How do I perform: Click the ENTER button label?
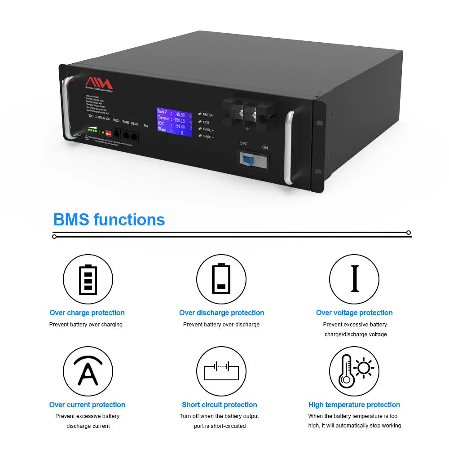207,115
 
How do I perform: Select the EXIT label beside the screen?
206,122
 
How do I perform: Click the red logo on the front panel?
99,83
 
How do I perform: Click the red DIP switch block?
108,133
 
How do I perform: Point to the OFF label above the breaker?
243,143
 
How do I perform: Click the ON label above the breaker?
265,147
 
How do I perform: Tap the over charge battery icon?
88,279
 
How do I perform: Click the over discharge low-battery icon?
221,279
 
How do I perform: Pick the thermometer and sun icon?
354,371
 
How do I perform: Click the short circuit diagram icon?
221,371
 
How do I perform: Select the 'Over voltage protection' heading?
354,313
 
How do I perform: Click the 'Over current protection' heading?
87,405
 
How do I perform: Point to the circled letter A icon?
88,371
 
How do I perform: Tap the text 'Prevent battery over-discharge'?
221,325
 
